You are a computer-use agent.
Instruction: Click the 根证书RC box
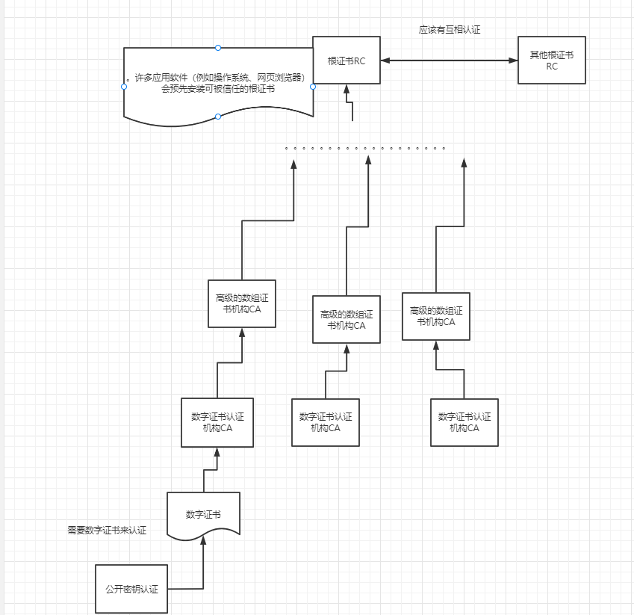[346, 60]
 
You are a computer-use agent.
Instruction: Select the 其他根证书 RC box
[552, 60]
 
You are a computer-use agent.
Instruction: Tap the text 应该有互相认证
[449, 30]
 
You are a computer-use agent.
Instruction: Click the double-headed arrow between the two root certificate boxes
[448, 60]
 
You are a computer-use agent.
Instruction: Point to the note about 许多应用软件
[218, 82]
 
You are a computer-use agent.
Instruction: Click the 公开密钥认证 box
[131, 589]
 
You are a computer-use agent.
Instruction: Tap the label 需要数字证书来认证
[107, 531]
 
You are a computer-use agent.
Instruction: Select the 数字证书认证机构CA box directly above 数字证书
[217, 422]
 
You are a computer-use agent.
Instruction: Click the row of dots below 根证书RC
[365, 148]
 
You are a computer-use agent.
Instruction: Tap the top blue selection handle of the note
[218, 48]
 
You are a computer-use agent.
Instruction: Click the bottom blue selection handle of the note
[218, 117]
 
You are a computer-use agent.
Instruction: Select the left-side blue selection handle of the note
[124, 87]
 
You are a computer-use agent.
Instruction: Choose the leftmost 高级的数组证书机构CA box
[241, 303]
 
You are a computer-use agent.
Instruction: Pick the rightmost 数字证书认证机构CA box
[464, 422]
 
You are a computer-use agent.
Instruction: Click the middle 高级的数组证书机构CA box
[346, 319]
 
